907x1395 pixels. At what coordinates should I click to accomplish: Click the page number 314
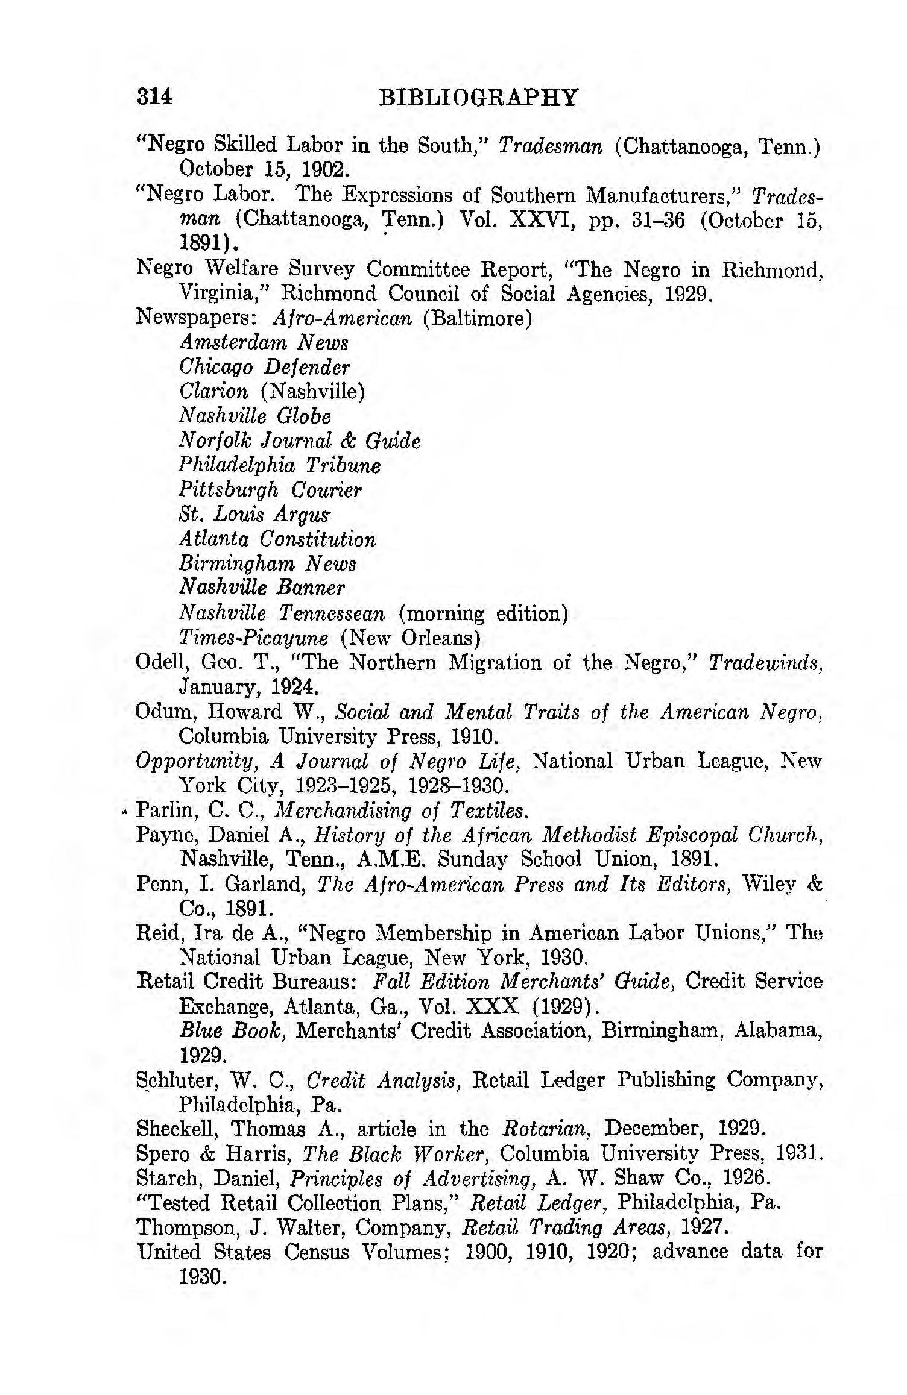tap(155, 97)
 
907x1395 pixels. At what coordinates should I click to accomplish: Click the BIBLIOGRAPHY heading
tap(478, 98)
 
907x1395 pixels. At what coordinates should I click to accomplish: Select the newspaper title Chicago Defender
tap(264, 367)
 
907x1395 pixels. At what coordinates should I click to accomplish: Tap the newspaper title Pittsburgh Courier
tap(270, 490)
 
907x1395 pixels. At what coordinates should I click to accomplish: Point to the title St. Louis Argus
tap(255, 515)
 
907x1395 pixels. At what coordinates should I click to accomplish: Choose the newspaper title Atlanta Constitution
tap(277, 539)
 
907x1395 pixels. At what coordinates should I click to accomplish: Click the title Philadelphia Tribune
tap(280, 465)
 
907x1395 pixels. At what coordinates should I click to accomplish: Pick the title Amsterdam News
tap(264, 342)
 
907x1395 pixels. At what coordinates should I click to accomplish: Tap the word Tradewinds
tap(764, 663)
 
